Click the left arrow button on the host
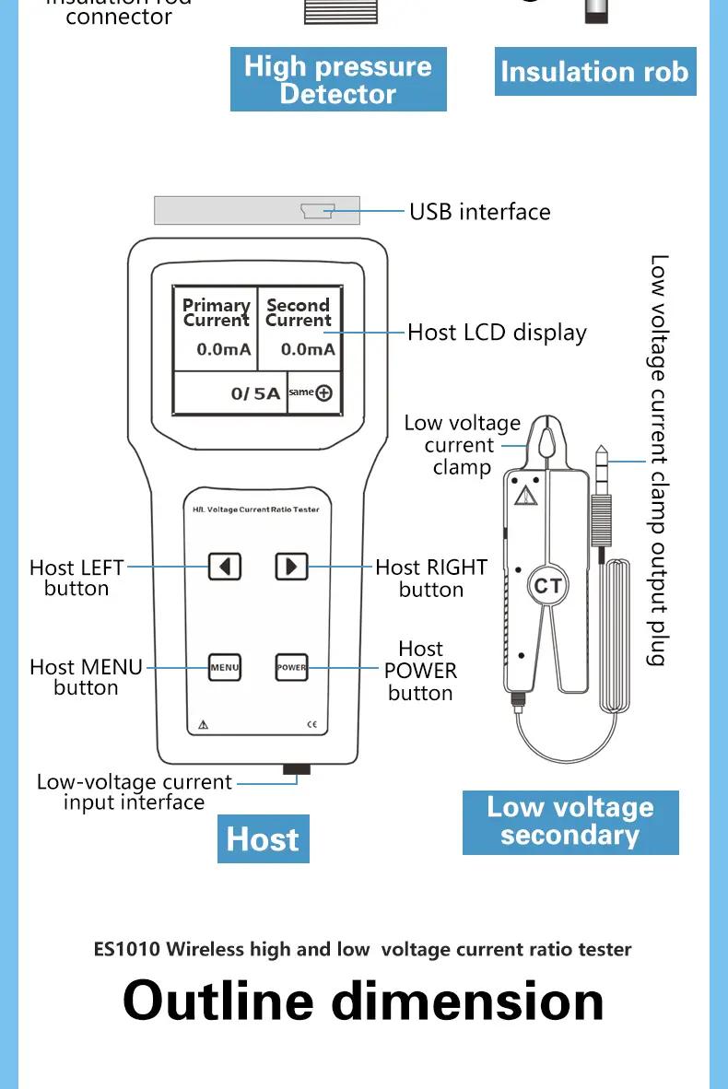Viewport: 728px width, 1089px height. (225, 566)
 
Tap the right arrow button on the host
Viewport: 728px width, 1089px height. (291, 566)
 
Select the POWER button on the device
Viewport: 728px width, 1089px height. (291, 667)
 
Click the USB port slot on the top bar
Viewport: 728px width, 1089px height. (318, 212)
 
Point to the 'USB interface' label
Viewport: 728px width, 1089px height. (479, 212)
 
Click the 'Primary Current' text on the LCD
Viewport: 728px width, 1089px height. (217, 312)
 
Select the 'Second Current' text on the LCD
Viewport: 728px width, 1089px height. (298, 312)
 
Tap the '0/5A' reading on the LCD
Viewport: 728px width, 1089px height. (255, 393)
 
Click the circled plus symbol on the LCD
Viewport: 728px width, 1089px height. (323, 393)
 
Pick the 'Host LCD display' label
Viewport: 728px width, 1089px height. (497, 333)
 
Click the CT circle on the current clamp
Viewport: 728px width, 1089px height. (547, 586)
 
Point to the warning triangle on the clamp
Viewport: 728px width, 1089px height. (525, 497)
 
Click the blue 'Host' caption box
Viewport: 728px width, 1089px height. (263, 839)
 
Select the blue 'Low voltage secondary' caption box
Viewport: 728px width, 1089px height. (570, 822)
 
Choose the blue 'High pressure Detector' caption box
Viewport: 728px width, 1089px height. (338, 80)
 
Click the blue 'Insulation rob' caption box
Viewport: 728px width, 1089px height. (594, 73)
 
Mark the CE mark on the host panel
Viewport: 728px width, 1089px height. (311, 725)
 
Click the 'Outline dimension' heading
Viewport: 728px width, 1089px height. (363, 1001)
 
